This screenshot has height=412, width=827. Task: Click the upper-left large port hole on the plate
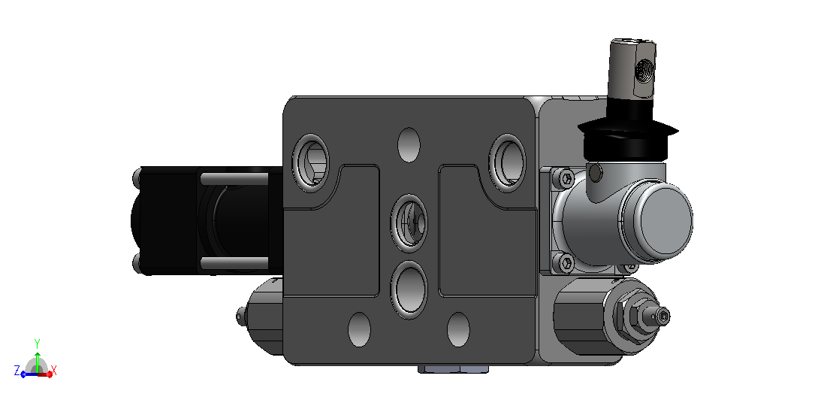click(x=310, y=160)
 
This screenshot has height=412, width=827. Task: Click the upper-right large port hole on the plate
click(x=507, y=160)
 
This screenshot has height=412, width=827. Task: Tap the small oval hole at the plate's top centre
click(x=409, y=144)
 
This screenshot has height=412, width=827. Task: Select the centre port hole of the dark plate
click(x=409, y=223)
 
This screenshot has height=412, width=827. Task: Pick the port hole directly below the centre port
click(x=409, y=290)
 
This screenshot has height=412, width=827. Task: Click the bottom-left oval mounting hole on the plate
click(x=359, y=329)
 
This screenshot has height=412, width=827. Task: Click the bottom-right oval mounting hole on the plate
click(x=458, y=329)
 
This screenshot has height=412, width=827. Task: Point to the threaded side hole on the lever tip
click(x=644, y=70)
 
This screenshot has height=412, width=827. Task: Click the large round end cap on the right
click(x=656, y=220)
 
